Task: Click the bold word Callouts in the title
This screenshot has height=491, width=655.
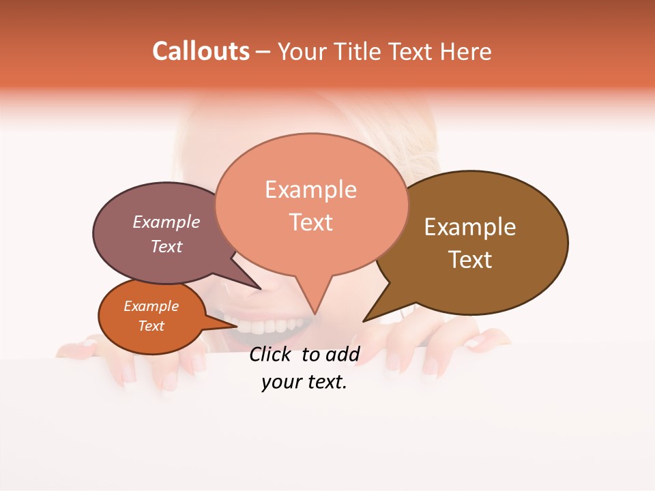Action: click(x=201, y=51)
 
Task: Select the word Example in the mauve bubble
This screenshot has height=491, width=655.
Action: click(x=166, y=222)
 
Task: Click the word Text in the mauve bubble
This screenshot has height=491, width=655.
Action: click(x=166, y=246)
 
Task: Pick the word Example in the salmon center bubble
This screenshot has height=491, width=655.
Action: click(x=310, y=190)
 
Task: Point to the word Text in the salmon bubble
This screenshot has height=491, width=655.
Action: click(x=311, y=222)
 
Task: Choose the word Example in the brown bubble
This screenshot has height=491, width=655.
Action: click(x=470, y=227)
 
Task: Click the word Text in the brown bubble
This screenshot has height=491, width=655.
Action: click(x=470, y=260)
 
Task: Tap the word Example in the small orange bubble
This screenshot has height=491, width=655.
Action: click(x=151, y=306)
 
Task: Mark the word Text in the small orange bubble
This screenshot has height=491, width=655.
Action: click(x=151, y=326)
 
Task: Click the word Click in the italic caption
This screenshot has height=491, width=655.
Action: click(x=272, y=354)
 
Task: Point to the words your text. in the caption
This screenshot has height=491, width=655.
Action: click(x=304, y=383)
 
